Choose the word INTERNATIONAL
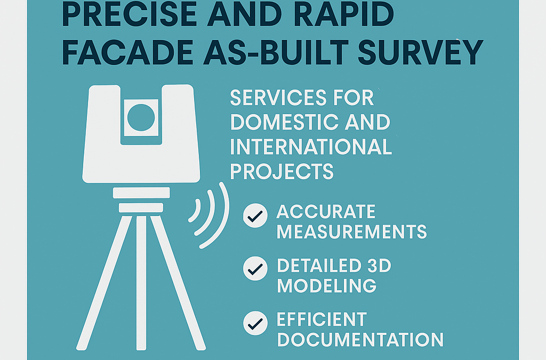[x=311, y=147]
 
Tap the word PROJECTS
[x=282, y=171]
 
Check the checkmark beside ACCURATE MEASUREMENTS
[x=255, y=216]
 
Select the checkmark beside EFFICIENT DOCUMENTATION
[x=255, y=322]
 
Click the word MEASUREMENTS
[x=352, y=231]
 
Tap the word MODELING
[x=327, y=285]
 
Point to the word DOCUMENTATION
[x=360, y=339]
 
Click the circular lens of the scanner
[x=141, y=116]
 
